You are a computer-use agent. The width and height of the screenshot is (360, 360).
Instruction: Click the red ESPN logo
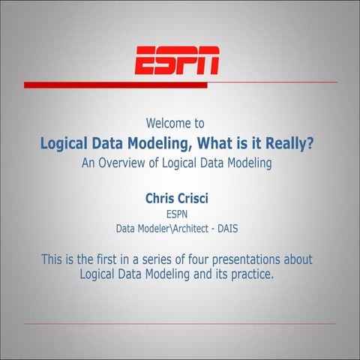coord(177,60)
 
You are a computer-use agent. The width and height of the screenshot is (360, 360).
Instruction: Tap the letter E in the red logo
coord(145,60)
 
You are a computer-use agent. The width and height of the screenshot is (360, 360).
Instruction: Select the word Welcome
coord(166,122)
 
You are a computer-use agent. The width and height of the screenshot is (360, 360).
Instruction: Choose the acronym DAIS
coord(244,228)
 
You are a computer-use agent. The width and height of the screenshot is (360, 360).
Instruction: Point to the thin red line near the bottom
coord(180,324)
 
